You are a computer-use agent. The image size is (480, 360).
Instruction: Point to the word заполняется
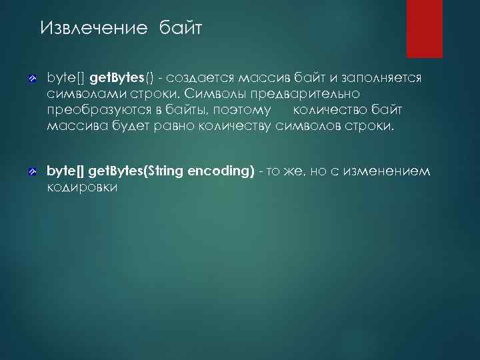[x=382, y=79]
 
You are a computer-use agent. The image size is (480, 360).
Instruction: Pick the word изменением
[x=394, y=171]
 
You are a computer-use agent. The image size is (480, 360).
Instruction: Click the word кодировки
[x=82, y=187]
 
